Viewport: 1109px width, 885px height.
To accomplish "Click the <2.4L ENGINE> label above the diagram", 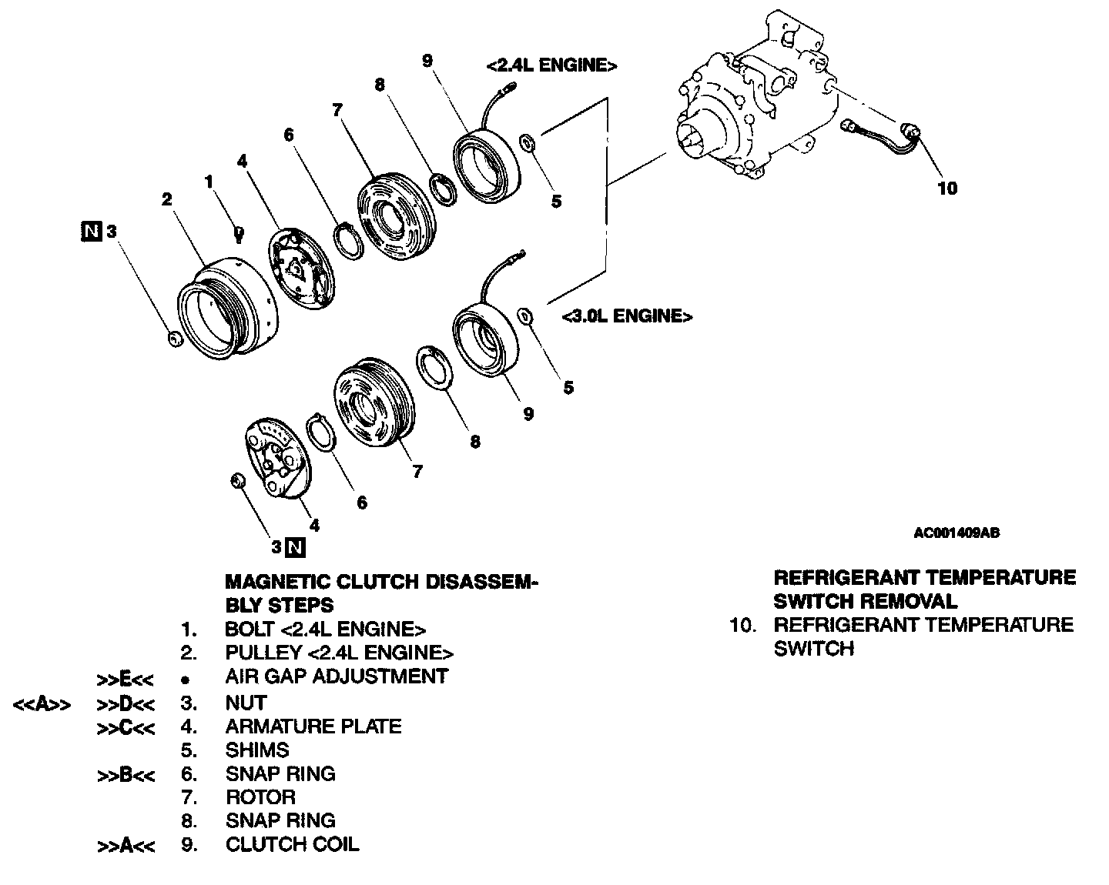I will (551, 66).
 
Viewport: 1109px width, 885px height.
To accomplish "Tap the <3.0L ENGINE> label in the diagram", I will (626, 316).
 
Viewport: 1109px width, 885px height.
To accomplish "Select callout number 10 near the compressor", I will (947, 188).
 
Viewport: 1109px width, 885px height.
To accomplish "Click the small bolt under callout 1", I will (239, 232).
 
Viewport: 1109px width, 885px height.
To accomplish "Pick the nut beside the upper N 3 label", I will (175, 339).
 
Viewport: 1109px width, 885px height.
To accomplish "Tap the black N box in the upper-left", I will (92, 230).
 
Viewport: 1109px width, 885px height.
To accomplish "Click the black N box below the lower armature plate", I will (296, 548).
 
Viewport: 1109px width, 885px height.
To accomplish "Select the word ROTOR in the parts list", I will (260, 797).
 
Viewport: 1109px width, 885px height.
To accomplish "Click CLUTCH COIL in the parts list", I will (292, 844).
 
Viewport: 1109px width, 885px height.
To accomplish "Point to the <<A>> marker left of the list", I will (42, 703).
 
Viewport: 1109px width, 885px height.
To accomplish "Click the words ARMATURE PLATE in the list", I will (313, 726).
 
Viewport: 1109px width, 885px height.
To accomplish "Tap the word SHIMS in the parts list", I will (257, 750).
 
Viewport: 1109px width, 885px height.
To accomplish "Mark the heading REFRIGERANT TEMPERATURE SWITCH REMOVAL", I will (924, 589).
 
